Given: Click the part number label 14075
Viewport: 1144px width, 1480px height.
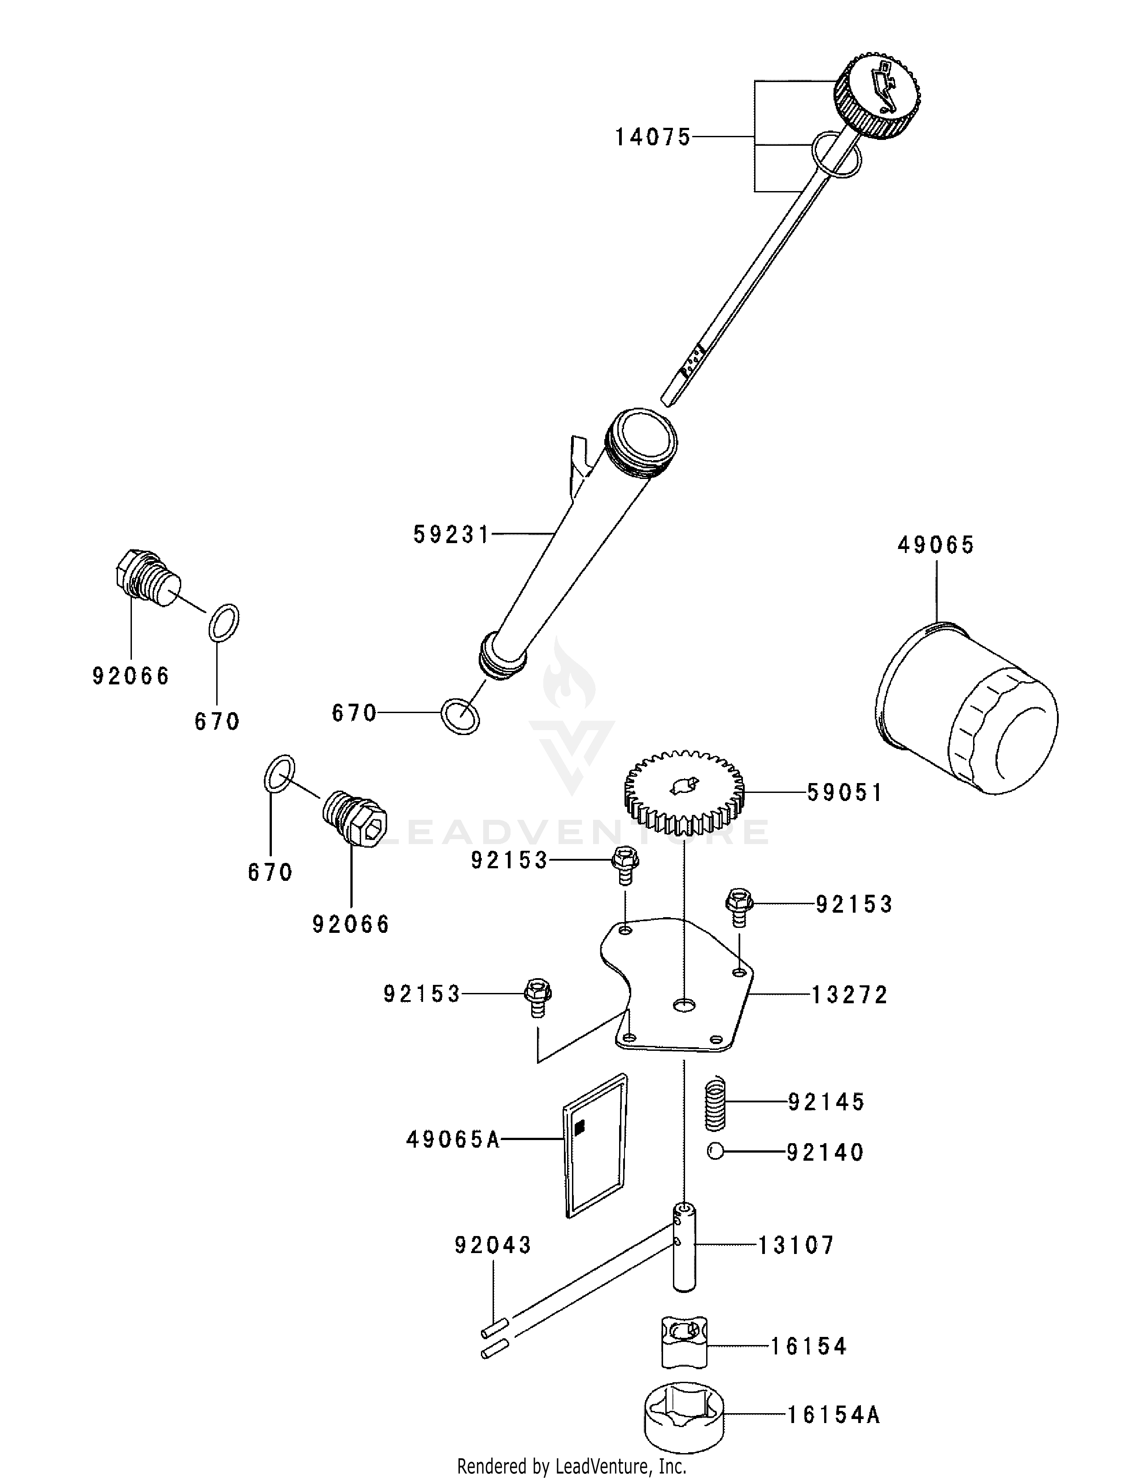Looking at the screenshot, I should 652,138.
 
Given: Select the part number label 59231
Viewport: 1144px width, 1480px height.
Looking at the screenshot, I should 451,535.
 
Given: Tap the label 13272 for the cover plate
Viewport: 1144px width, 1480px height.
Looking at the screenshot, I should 850,995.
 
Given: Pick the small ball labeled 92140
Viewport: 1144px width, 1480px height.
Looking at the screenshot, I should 714,1151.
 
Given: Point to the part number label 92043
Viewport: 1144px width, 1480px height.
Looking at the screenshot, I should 493,1245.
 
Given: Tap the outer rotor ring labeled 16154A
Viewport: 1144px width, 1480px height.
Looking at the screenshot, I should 684,1415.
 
